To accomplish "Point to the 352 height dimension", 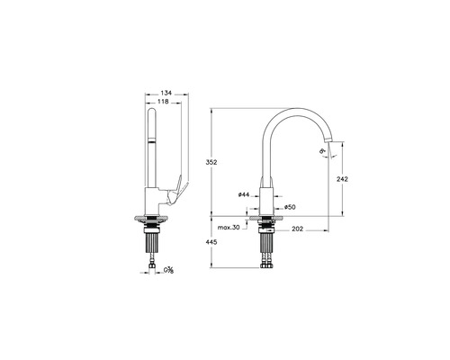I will click(211, 162).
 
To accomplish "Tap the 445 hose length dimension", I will click(211, 241).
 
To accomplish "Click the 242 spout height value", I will click(342, 178).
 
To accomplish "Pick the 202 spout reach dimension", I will click(296, 229).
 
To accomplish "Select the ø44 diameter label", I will click(244, 194).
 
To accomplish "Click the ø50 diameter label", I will click(290, 207).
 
